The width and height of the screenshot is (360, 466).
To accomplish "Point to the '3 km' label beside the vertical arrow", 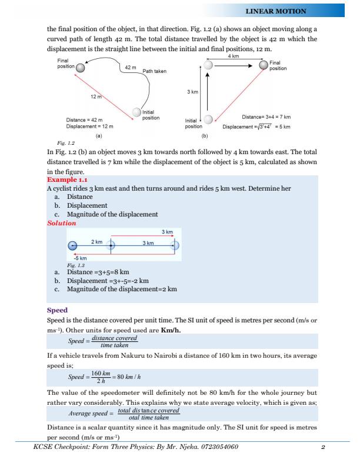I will (193, 92).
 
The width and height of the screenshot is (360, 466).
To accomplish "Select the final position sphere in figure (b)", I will (263, 65).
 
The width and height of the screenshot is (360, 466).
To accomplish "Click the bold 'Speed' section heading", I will (57, 309).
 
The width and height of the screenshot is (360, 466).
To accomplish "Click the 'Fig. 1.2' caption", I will (58, 142).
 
